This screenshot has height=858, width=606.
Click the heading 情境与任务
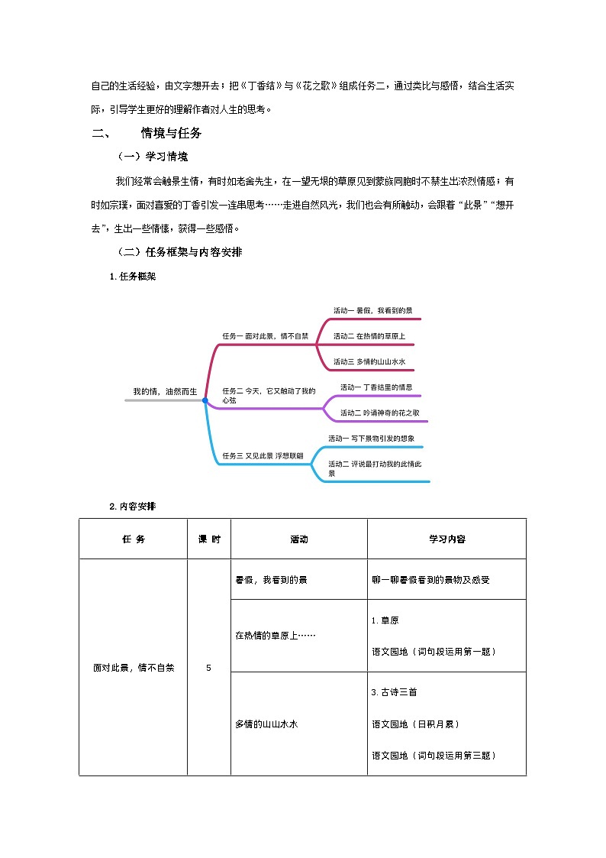pos(171,133)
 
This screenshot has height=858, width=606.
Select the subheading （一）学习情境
pos(152,157)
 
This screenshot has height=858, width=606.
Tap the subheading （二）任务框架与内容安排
pos(179,251)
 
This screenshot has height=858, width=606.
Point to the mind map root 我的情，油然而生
pos(164,391)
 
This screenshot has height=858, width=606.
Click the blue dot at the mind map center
pos(205,400)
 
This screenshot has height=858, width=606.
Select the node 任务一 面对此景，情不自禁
pos(265,335)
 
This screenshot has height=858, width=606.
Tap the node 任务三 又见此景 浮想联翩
pos(262,455)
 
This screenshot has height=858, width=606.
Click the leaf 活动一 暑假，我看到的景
pos(372,310)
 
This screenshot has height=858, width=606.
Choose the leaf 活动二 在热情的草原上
pos(369,336)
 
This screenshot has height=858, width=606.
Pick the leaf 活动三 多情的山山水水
pos(369,361)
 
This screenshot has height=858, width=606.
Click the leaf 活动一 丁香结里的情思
pos(376,387)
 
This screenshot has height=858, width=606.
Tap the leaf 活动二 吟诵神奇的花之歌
pos(379,413)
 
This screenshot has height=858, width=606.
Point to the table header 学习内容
pos(446,539)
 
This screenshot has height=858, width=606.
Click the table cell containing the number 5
pos(208,667)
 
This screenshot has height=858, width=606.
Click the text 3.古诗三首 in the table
pos(394,692)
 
